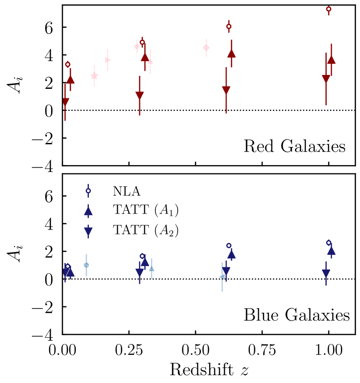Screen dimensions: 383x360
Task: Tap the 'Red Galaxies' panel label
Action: tap(294, 147)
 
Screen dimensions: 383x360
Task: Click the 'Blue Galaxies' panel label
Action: tap(296, 315)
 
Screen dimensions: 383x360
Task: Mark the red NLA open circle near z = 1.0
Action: tap(329, 9)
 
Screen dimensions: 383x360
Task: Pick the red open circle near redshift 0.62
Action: tap(229, 26)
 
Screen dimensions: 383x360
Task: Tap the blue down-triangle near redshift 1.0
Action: tap(326, 273)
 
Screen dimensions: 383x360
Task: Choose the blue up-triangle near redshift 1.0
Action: tap(331, 251)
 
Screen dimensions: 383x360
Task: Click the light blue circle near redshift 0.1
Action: tap(86, 265)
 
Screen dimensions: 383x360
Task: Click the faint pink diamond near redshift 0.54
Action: tap(206, 48)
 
